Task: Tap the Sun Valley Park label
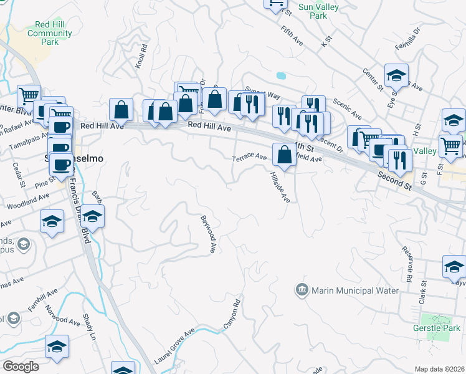[313, 11]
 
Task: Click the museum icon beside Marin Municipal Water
[302, 290]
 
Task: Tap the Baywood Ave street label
[208, 234]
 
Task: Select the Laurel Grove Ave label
[175, 347]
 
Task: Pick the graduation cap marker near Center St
[396, 75]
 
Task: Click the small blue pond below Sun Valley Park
[281, 75]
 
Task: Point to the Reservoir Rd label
[407, 256]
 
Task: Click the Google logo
[21, 367]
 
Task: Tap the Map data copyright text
[440, 369]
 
